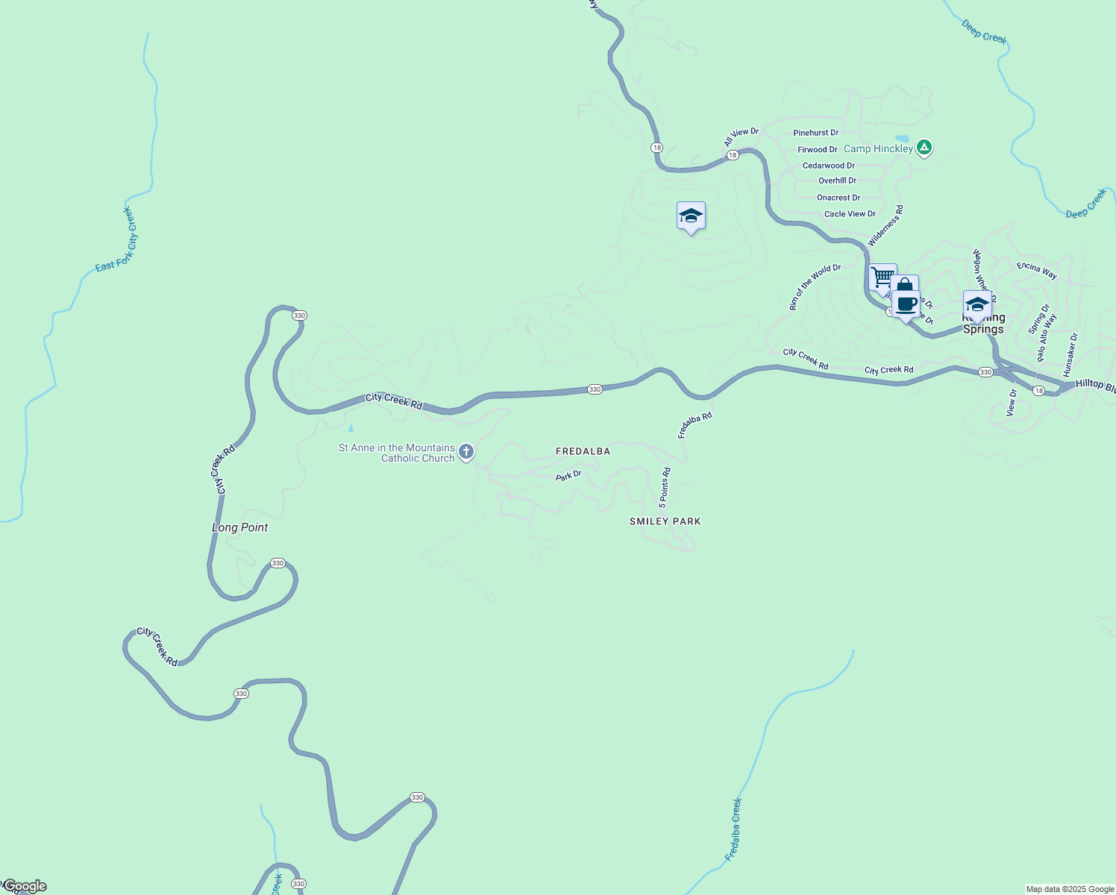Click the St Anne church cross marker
[466, 451]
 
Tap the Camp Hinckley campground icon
[924, 148]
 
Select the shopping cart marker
[883, 277]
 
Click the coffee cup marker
[906, 304]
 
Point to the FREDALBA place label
[583, 451]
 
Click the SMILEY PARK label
[665, 521]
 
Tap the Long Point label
[239, 527]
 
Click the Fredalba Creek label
[734, 829]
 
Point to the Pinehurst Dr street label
[815, 133]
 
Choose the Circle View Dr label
[850, 214]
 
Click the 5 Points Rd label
[665, 488]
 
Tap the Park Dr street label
[568, 475]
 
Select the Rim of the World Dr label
[815, 287]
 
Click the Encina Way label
[1037, 270]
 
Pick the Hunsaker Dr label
[1071, 354]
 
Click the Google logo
[25, 886]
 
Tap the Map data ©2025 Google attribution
[1070, 889]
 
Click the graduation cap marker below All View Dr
[691, 216]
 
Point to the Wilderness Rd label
[886, 225]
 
